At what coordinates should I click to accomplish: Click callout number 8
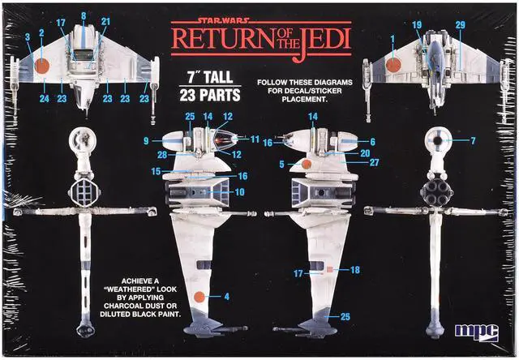click(84, 15)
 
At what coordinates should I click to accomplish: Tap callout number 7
click(473, 141)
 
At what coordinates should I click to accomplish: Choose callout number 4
click(226, 297)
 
